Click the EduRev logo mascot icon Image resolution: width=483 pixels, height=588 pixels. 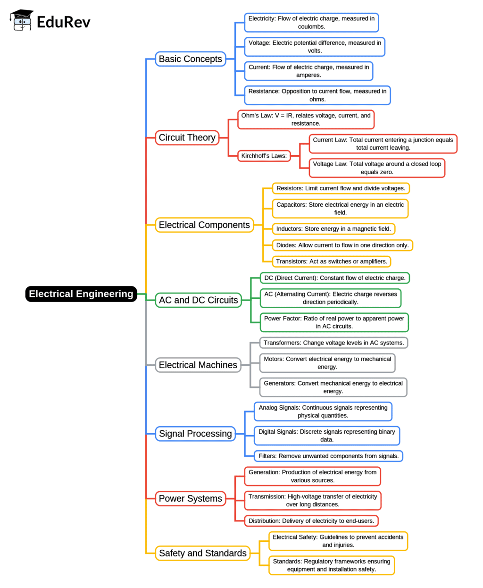[22, 20]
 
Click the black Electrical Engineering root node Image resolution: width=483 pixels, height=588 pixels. [81, 294]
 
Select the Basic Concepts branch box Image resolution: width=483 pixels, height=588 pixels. [190, 59]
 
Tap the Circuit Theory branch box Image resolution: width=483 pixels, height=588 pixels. [187, 137]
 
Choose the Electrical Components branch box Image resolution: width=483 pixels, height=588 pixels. [204, 225]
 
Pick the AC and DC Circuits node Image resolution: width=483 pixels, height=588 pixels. [198, 300]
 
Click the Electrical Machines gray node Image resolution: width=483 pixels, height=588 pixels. [198, 365]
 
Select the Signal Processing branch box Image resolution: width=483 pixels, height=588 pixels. [195, 434]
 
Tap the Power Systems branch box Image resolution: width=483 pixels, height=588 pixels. [190, 498]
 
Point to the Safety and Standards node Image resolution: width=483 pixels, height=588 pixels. [202, 553]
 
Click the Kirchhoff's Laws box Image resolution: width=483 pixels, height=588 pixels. [264, 156]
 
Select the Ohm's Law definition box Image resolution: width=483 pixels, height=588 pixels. [306, 119]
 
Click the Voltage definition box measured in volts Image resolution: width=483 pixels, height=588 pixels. [315, 47]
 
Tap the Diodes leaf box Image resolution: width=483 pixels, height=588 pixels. [342, 245]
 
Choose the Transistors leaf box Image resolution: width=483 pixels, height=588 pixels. [331, 261]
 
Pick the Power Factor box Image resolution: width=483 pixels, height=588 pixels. [334, 322]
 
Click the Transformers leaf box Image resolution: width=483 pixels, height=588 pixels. [333, 343]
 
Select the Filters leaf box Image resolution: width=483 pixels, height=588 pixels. [328, 456]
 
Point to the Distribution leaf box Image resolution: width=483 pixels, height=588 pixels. [311, 521]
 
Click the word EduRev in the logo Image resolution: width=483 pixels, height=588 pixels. [63, 22]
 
